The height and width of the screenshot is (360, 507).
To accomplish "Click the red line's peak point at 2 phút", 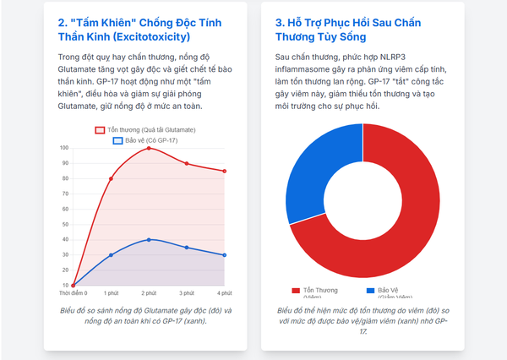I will (x=149, y=148).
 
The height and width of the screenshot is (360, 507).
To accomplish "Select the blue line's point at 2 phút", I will (x=149, y=239).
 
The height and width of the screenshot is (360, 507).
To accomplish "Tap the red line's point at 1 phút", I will (x=111, y=178).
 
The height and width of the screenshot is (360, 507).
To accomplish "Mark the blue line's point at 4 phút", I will (x=225, y=254).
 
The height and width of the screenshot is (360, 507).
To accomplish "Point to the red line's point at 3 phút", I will (x=187, y=163).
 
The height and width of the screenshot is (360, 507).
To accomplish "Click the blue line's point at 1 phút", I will (x=111, y=254).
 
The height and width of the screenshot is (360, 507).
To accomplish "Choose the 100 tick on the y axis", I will (x=64, y=148).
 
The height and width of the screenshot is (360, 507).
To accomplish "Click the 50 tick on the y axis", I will (x=64, y=224).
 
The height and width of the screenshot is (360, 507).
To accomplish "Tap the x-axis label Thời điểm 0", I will (x=74, y=292).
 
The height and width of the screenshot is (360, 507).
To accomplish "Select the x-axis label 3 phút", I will (x=187, y=292).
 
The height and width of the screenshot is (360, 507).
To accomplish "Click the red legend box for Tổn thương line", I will (x=100, y=129).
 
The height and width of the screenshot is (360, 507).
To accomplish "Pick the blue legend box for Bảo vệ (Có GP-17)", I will (x=117, y=139).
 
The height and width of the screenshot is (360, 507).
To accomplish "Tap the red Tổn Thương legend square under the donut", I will (x=296, y=290).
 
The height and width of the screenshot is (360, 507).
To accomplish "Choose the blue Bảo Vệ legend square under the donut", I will (x=371, y=290).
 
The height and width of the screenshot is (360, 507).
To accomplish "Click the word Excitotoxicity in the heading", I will (x=153, y=36).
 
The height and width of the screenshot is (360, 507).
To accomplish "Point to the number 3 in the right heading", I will (x=280, y=21).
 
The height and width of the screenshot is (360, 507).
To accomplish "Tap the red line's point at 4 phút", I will (x=225, y=171).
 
